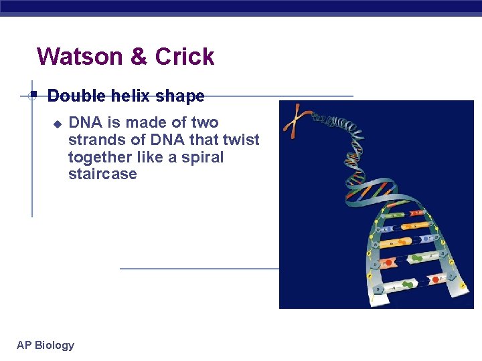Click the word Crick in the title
pyautogui.click(x=185, y=57)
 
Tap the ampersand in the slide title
pyautogui.click(x=139, y=57)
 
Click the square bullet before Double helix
pyautogui.click(x=33, y=95)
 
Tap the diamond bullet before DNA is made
pyautogui.click(x=58, y=124)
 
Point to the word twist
pyautogui.click(x=242, y=140)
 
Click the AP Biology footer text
pyautogui.click(x=46, y=346)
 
